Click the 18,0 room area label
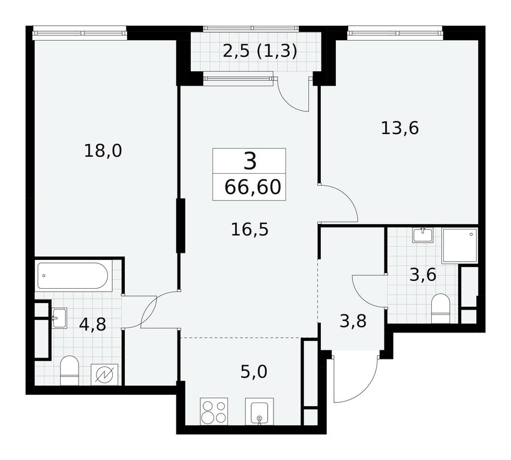click(x=103, y=151)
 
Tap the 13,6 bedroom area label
click(x=400, y=128)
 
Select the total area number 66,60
click(x=253, y=187)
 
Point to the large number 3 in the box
click(x=250, y=162)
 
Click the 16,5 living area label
click(x=250, y=229)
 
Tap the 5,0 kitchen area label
click(x=254, y=371)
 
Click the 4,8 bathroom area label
click(x=93, y=324)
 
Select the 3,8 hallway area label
click(x=353, y=321)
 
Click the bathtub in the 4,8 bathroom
click(x=73, y=276)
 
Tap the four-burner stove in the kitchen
click(x=214, y=411)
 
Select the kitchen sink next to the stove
click(x=259, y=411)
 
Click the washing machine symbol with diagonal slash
click(x=104, y=375)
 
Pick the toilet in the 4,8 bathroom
click(x=70, y=371)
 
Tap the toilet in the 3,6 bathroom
click(x=440, y=308)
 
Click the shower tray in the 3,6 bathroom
click(x=460, y=246)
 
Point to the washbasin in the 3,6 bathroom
click(x=423, y=235)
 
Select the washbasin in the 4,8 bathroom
click(x=59, y=318)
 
